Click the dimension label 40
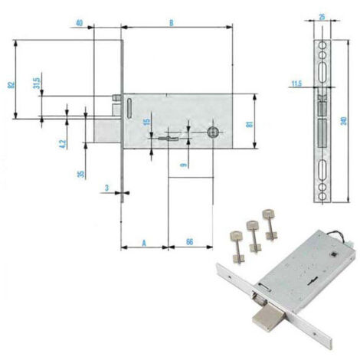[80, 23]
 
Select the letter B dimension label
[172, 23]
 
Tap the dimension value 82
[11, 85]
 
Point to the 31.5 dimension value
[37, 83]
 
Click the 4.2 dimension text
[63, 144]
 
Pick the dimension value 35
[81, 174]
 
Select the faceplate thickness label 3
[107, 188]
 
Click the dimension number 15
[146, 122]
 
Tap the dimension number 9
[183, 165]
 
